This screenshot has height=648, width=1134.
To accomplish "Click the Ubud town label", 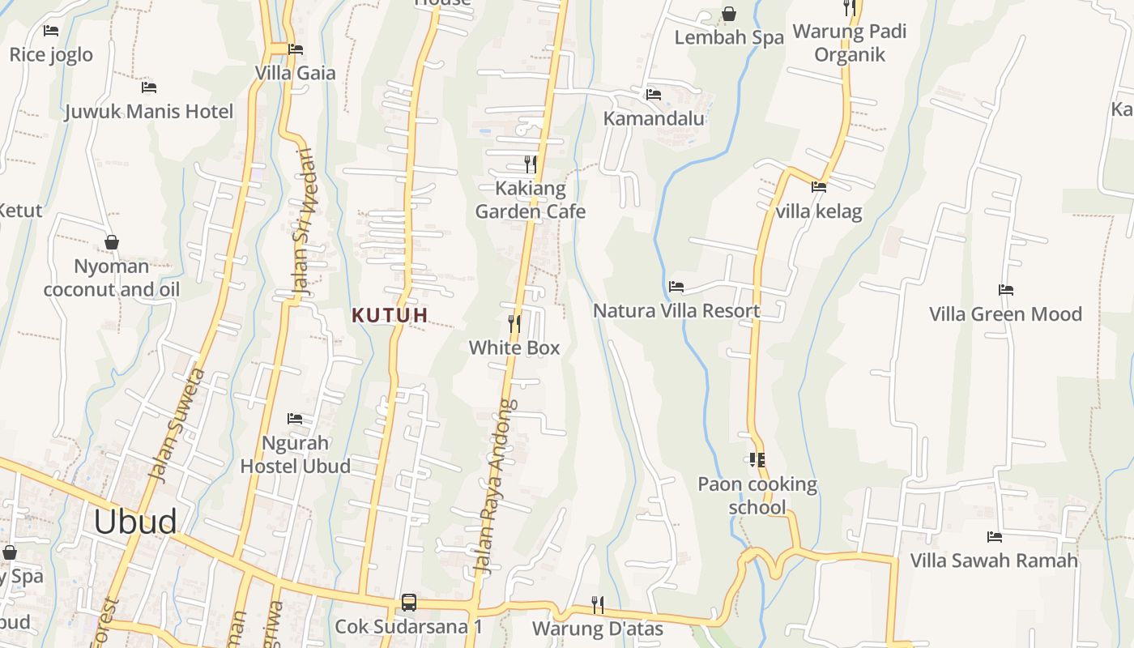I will [135, 522].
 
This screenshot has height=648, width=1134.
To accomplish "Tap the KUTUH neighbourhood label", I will [390, 316].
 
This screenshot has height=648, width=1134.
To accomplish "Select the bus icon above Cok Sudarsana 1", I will [409, 603].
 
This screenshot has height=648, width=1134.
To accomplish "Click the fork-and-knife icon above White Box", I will [514, 324].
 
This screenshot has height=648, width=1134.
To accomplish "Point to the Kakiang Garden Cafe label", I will [530, 200].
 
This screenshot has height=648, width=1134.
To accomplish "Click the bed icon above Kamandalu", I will [654, 95].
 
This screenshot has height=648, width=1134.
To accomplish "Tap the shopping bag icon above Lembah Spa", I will [729, 14].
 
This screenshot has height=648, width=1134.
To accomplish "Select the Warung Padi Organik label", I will [850, 43].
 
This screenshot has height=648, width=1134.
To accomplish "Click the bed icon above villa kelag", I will [819, 187].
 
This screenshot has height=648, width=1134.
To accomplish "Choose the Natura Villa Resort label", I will [676, 311].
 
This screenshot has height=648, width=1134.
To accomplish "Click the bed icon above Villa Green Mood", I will [1006, 290].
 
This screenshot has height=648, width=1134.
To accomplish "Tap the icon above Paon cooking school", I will [757, 460].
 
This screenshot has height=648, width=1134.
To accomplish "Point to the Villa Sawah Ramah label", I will [994, 561].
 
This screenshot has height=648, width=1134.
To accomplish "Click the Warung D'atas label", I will [598, 629].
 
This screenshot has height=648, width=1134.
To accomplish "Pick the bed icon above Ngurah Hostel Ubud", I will [295, 419].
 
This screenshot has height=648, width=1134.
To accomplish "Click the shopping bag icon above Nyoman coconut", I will [112, 242].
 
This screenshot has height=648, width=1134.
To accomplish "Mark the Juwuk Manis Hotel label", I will [149, 112].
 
